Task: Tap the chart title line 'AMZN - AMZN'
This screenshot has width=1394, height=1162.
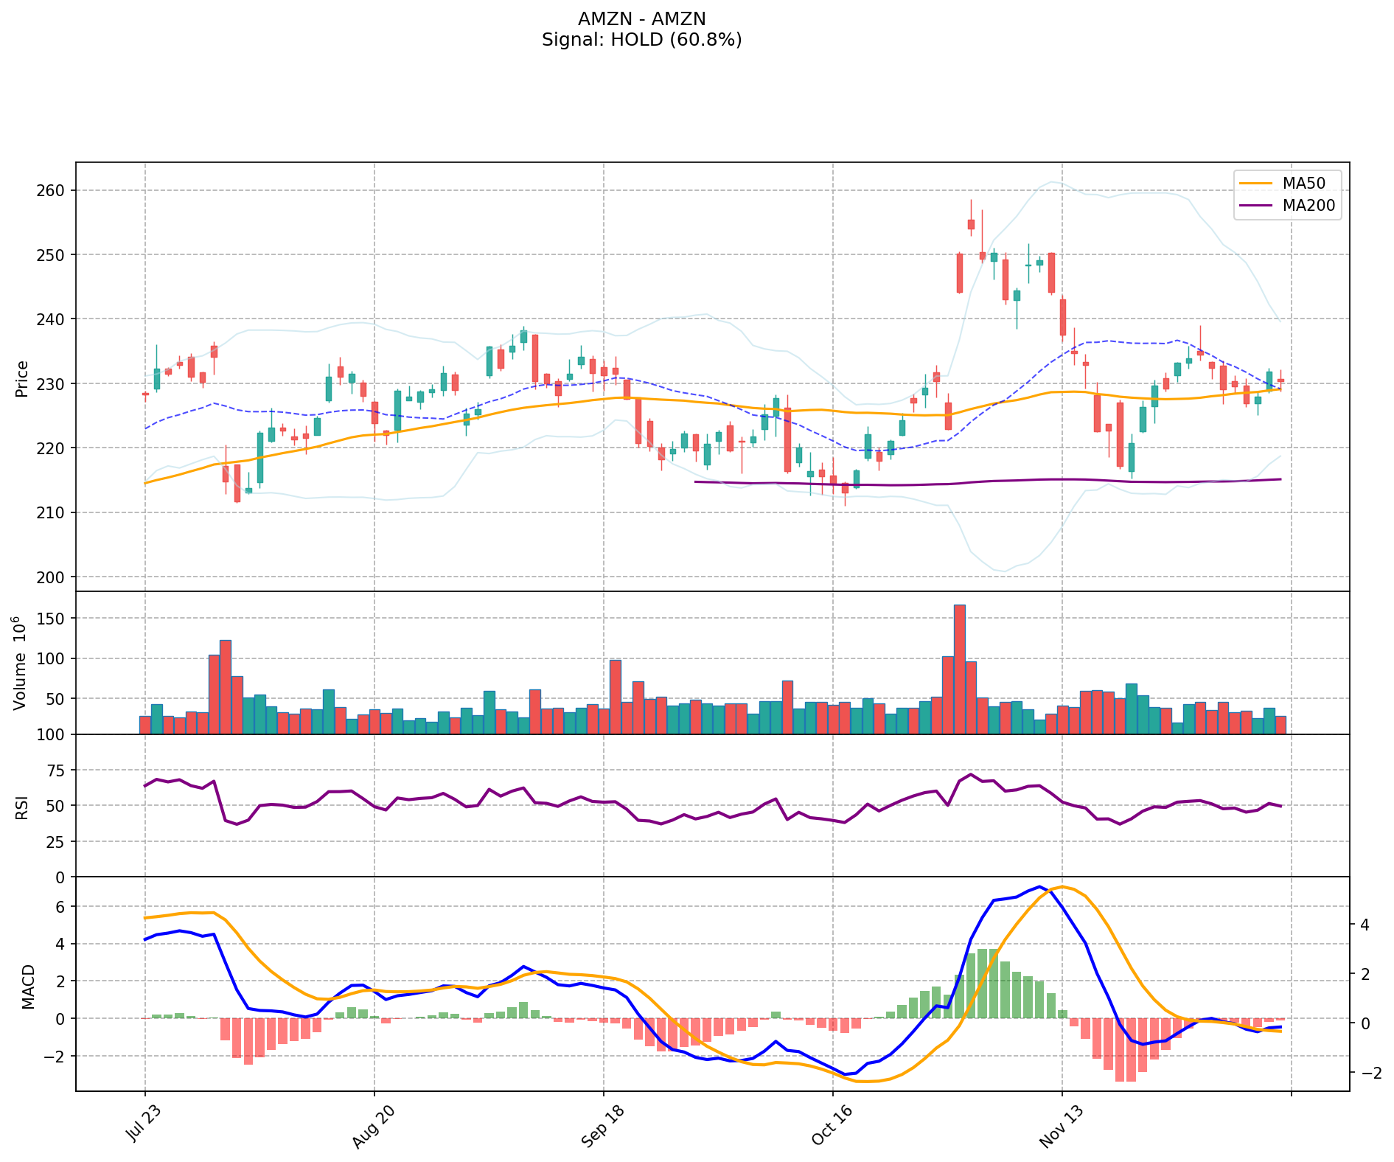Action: (641, 18)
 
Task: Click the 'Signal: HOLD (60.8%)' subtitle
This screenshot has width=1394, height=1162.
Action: (641, 40)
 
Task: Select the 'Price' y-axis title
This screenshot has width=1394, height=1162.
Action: (22, 378)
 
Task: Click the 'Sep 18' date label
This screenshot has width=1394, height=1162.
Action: (602, 1127)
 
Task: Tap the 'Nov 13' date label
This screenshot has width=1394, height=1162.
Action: (1061, 1127)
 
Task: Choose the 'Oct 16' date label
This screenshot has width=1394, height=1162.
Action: (832, 1127)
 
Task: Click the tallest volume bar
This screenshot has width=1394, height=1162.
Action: (959, 669)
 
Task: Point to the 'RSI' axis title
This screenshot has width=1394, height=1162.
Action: (22, 807)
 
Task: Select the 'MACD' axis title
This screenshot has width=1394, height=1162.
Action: (28, 986)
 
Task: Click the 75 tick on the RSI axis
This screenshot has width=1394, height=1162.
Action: (56, 770)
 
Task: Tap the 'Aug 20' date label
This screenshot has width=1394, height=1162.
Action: (373, 1127)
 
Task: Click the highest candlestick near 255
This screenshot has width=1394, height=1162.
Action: (971, 223)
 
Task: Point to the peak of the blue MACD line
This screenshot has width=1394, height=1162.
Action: (1039, 886)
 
